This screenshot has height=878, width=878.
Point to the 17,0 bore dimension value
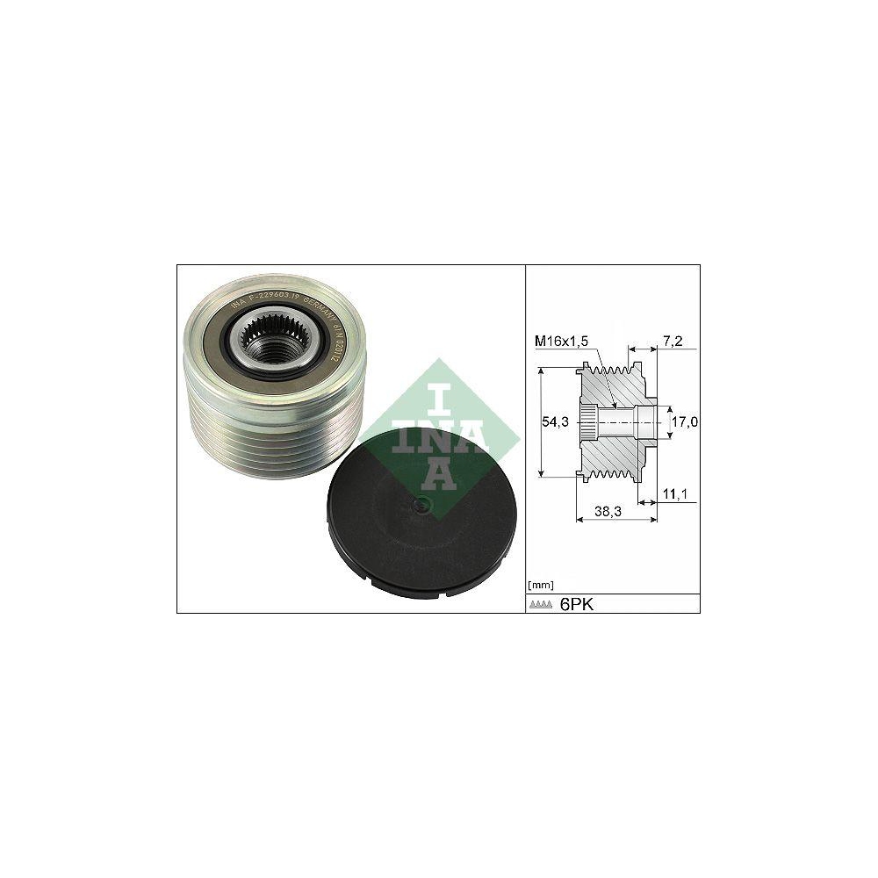tap(684, 422)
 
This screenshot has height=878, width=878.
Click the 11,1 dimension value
tap(675, 495)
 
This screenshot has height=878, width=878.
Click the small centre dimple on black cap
tap(421, 503)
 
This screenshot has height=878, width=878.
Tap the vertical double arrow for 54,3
tap(541, 422)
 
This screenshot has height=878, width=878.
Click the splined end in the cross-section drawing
tap(590, 422)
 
